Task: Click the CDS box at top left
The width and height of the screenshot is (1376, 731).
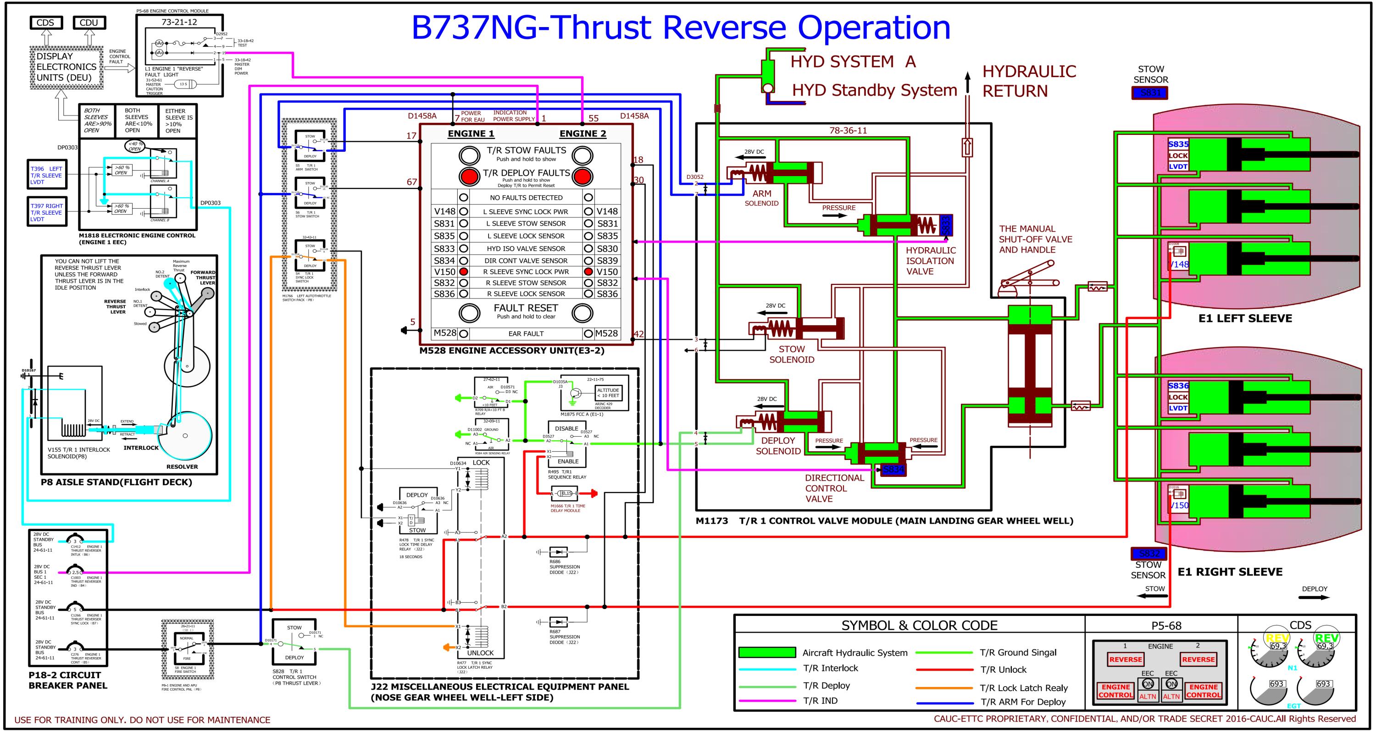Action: click(45, 22)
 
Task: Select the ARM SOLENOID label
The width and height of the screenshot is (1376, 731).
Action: click(762, 198)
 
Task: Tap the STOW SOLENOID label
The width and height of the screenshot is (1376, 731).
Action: click(792, 354)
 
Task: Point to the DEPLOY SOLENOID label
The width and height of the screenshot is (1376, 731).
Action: click(778, 446)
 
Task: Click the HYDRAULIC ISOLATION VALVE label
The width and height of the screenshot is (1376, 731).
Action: click(930, 260)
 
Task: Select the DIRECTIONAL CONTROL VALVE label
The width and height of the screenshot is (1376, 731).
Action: click(834, 488)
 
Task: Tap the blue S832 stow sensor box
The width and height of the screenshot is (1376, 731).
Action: click(1149, 554)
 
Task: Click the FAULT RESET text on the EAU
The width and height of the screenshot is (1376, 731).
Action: click(526, 308)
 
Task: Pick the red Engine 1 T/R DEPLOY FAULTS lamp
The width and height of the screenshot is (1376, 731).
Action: click(470, 176)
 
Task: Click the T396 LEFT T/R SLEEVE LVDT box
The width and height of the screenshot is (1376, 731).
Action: click(47, 175)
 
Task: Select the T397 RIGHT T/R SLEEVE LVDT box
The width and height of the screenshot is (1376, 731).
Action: click(47, 212)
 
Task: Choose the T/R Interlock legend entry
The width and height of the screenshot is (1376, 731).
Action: click(830, 668)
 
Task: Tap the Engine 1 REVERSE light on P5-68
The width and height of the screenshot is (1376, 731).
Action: click(1125, 659)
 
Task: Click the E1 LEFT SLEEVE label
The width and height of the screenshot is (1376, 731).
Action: click(1245, 319)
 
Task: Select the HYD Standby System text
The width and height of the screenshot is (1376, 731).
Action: click(874, 90)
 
